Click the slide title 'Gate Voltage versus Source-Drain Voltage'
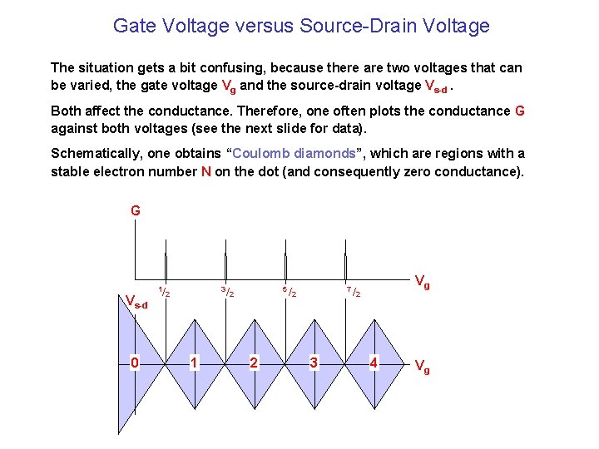(x=301, y=26)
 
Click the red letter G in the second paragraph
(x=520, y=111)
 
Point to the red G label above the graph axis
(x=136, y=211)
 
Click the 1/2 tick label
(x=165, y=292)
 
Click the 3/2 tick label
(x=226, y=292)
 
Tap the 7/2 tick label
(x=354, y=292)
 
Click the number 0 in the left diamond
(x=135, y=363)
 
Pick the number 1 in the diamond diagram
(x=193, y=363)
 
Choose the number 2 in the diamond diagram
(x=254, y=363)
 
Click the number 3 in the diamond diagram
(x=314, y=363)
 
